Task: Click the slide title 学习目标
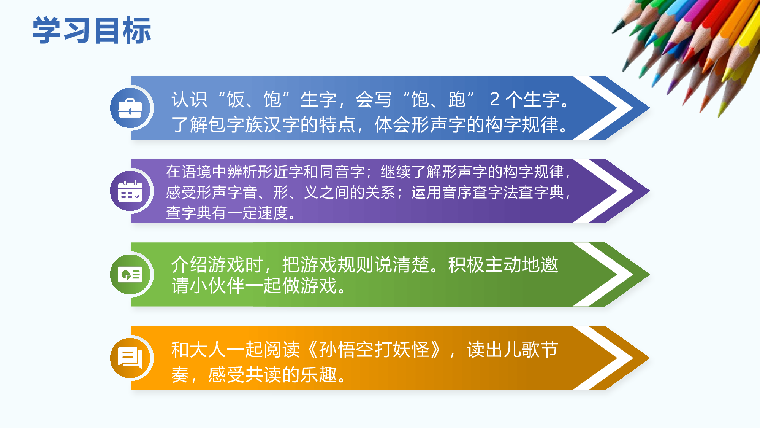pos(92,30)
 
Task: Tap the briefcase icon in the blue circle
pos(130,108)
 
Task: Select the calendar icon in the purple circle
pos(130,191)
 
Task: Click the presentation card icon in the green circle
pos(130,274)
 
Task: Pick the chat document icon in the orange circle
pos(130,358)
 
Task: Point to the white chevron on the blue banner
pos(608,108)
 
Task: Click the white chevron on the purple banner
pos(608,191)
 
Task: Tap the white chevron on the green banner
pos(608,274)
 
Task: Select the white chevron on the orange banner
pos(608,358)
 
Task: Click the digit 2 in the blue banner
pos(494,99)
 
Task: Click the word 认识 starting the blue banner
pos(189,99)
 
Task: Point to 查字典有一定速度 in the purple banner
pos(227,213)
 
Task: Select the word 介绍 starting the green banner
pos(189,264)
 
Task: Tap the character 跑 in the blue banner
pos(457,99)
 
